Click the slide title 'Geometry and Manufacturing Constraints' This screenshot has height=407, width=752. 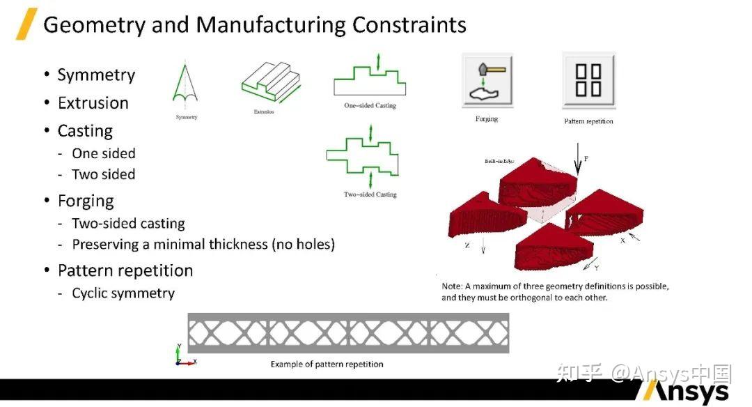pos(255,25)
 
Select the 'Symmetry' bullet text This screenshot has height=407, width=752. pos(96,75)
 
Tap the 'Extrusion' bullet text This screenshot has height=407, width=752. pos(93,103)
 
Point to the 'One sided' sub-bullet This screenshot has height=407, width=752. pos(104,153)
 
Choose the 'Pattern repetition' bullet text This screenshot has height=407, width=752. pos(125,270)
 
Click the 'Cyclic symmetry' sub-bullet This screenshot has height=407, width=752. pos(123,293)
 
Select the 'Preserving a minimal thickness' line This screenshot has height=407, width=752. pos(203,245)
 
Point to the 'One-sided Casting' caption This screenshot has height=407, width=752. pos(370,106)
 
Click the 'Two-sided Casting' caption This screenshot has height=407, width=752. pos(370,194)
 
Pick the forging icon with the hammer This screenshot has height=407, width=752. pos(487,79)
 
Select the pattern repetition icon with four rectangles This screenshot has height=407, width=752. pos(588,79)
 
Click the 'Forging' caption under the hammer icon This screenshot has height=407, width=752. pos(487,119)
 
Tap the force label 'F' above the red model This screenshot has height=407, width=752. pos(586,159)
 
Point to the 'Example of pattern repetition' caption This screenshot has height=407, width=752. pos(327,364)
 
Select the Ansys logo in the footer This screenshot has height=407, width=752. pos(686,391)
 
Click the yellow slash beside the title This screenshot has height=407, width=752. pos(26,24)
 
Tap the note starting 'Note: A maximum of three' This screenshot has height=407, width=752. pos(555,292)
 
